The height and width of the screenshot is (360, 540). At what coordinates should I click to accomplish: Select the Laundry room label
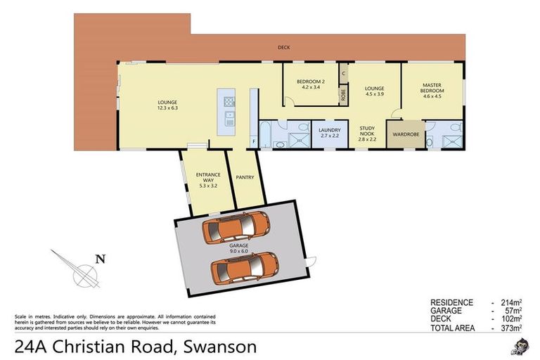tap(329, 130)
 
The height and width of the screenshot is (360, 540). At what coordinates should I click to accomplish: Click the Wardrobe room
tap(406, 134)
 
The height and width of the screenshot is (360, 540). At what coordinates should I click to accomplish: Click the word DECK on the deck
tap(283, 47)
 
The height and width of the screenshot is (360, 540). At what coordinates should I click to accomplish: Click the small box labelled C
tap(343, 72)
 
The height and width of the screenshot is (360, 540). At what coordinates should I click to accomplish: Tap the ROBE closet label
tap(343, 94)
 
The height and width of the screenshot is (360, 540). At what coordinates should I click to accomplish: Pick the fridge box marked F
tap(254, 142)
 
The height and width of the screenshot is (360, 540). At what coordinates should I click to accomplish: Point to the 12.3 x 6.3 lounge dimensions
tap(167, 109)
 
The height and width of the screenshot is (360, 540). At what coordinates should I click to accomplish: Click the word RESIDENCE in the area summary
tap(451, 302)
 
